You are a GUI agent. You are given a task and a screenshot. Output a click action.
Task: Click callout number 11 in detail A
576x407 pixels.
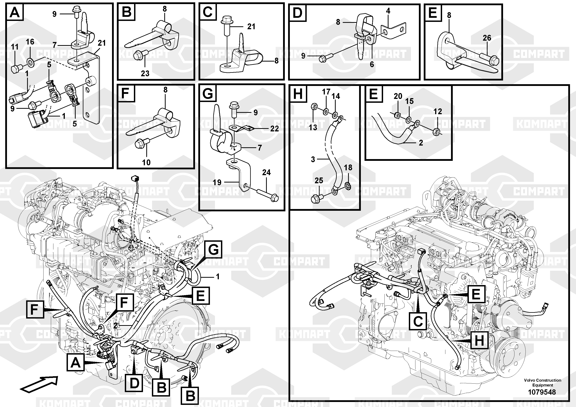click(x=15, y=47)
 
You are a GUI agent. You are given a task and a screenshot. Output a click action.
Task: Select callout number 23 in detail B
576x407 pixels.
click(x=145, y=74)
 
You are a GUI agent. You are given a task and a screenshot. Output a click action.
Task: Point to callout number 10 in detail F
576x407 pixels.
click(x=146, y=162)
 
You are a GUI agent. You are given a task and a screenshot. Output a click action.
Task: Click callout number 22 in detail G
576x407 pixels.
click(x=274, y=129)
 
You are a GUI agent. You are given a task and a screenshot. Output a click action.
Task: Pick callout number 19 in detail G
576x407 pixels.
click(x=217, y=182)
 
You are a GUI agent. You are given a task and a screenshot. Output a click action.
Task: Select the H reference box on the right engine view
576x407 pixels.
click(x=479, y=340)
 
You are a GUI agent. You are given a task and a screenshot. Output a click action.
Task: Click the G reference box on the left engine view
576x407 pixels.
click(x=213, y=249)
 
